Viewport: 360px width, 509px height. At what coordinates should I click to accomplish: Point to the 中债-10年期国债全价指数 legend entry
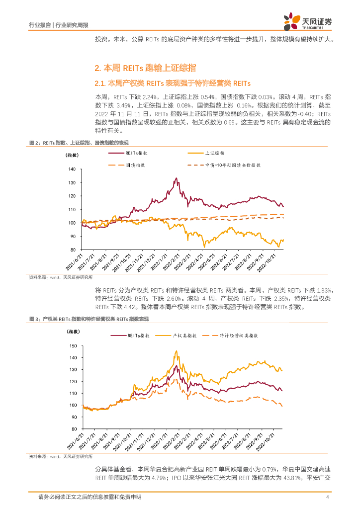pos(234,164)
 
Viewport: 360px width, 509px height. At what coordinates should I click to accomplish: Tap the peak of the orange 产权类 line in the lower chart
pos(176,351)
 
